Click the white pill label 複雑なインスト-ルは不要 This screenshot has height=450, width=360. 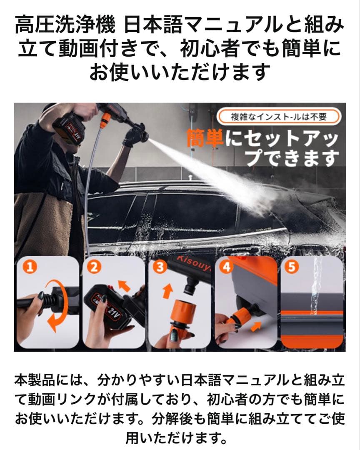coord(279,117)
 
